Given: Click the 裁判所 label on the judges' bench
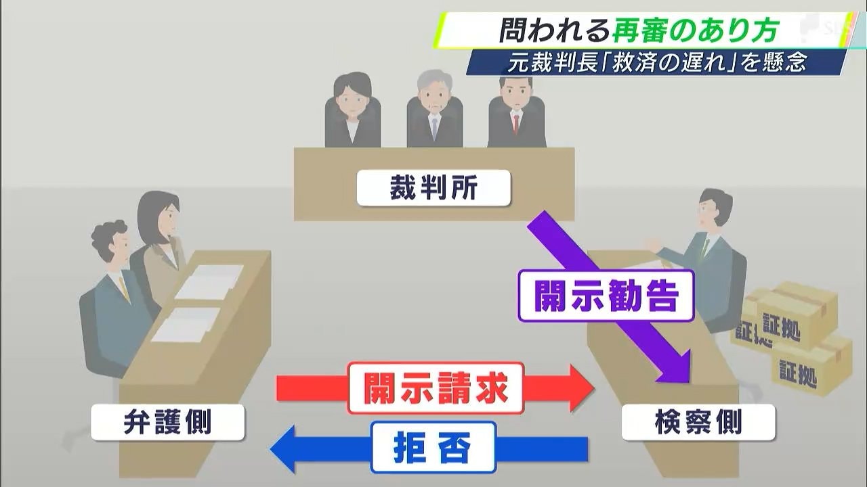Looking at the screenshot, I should [x=433, y=189].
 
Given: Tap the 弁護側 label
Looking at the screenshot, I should [x=167, y=423].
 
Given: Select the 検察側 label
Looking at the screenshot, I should [x=698, y=423].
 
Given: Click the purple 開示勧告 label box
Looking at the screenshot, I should [x=606, y=296].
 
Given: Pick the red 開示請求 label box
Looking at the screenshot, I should [x=436, y=388].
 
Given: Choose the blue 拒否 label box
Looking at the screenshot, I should [x=433, y=446].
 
